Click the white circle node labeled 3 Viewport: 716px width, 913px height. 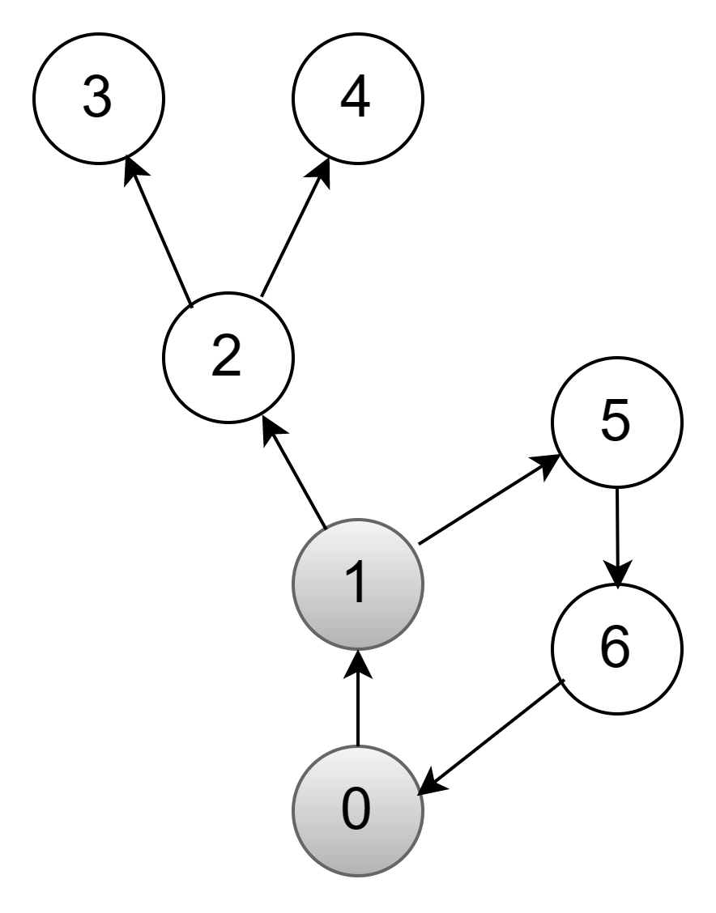point(99,99)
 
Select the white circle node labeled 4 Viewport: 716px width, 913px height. point(358,99)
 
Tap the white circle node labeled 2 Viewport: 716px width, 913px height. point(228,357)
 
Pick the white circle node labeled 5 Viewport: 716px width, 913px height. point(617,422)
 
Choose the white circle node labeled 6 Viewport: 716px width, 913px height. point(617,648)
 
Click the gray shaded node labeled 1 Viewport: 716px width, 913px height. point(357,584)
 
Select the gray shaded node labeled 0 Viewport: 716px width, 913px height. point(357,810)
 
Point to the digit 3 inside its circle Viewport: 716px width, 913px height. point(97,98)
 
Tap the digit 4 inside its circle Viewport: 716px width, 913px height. point(356,98)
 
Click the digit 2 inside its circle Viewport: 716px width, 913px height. point(226,356)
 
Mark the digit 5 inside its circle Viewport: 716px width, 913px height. point(615,421)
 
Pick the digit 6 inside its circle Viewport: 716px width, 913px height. point(615,648)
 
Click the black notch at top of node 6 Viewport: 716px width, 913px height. point(617,587)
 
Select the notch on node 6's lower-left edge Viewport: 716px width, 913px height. point(564,682)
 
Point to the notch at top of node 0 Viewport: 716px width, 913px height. point(357,746)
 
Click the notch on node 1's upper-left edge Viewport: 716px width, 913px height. point(325,528)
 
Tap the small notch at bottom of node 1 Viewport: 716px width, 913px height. point(357,648)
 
